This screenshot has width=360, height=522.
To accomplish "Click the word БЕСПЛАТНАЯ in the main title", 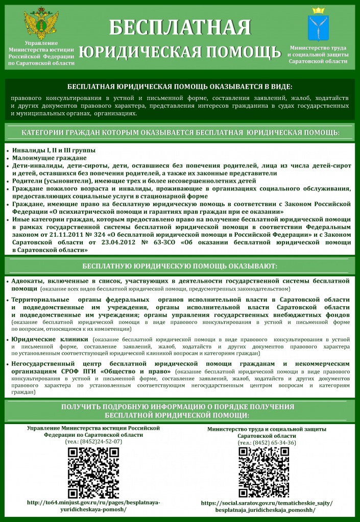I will click(x=180, y=29).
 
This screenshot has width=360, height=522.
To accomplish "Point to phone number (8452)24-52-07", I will click(x=93, y=441).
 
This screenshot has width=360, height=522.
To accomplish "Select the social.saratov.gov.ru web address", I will click(x=267, y=506).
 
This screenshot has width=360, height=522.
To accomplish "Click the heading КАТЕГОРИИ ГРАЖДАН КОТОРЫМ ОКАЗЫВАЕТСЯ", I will click(x=180, y=133).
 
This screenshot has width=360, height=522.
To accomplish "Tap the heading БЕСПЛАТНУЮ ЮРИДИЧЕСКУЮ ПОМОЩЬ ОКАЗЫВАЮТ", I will click(x=180, y=266).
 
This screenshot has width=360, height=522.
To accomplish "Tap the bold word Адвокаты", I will click(x=29, y=281).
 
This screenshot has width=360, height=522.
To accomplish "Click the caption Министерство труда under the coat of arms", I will click(x=318, y=47).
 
